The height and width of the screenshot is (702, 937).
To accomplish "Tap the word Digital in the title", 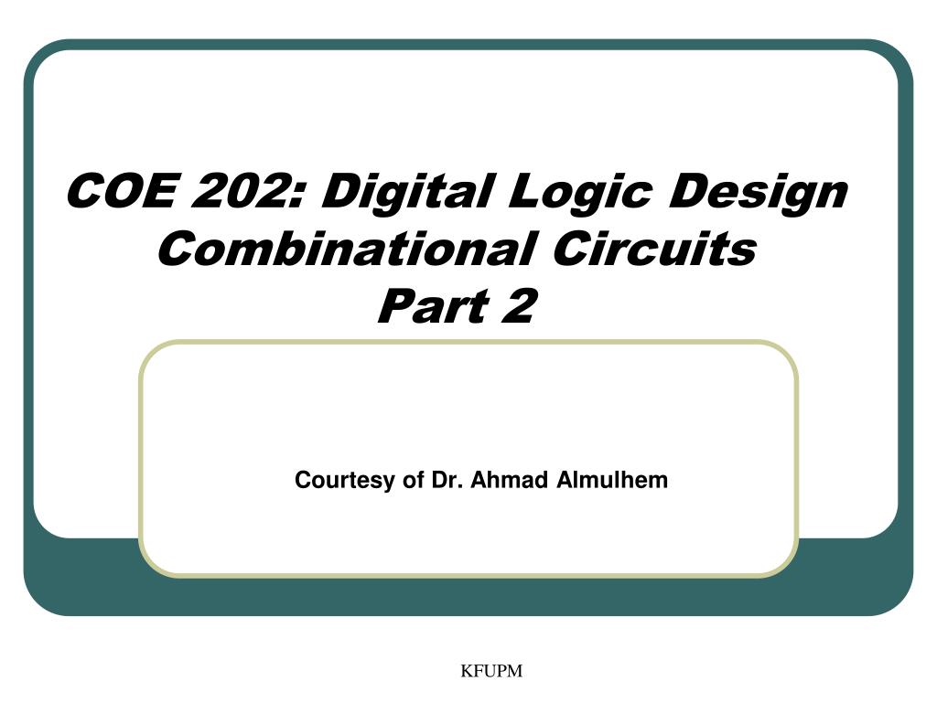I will click(405, 191).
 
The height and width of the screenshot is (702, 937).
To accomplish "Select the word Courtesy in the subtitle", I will click(346, 481).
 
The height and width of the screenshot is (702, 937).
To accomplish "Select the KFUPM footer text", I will click(490, 672).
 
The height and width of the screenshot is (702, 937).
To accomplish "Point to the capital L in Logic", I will click(525, 191).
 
